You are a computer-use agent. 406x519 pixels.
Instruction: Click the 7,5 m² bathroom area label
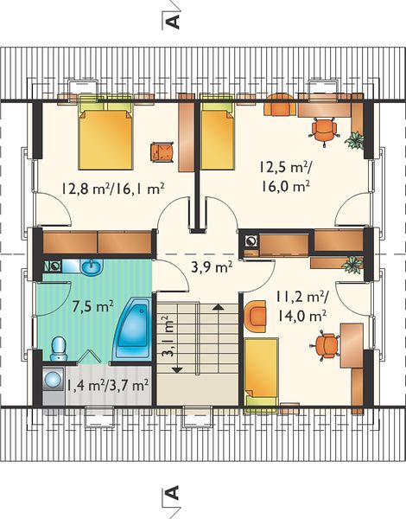click(x=93, y=306)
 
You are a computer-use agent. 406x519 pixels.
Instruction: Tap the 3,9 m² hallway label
click(x=212, y=266)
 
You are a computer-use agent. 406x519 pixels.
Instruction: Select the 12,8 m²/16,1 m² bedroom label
click(x=113, y=189)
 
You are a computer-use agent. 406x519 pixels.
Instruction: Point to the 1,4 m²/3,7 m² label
click(x=107, y=385)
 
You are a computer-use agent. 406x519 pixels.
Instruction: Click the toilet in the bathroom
click(x=59, y=349)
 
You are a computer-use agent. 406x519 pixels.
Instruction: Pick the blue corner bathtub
click(x=132, y=329)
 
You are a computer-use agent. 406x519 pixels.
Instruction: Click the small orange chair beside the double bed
click(x=162, y=152)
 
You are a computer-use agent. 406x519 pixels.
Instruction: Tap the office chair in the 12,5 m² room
click(x=324, y=131)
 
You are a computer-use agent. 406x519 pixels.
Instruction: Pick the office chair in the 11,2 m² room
click(x=326, y=346)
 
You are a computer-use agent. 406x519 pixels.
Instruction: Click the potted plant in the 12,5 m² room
click(x=354, y=140)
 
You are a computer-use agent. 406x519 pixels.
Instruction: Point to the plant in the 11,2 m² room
click(x=352, y=265)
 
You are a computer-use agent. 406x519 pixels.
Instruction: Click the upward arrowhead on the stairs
click(x=218, y=306)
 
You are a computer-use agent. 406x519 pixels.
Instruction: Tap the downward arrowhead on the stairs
click(x=178, y=369)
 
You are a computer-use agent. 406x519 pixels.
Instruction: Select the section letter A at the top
click(x=173, y=22)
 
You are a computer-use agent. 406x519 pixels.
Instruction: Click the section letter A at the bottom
click(x=173, y=492)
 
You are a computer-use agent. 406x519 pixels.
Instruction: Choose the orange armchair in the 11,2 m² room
click(x=255, y=317)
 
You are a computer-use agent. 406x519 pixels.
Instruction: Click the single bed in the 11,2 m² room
click(x=261, y=372)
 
